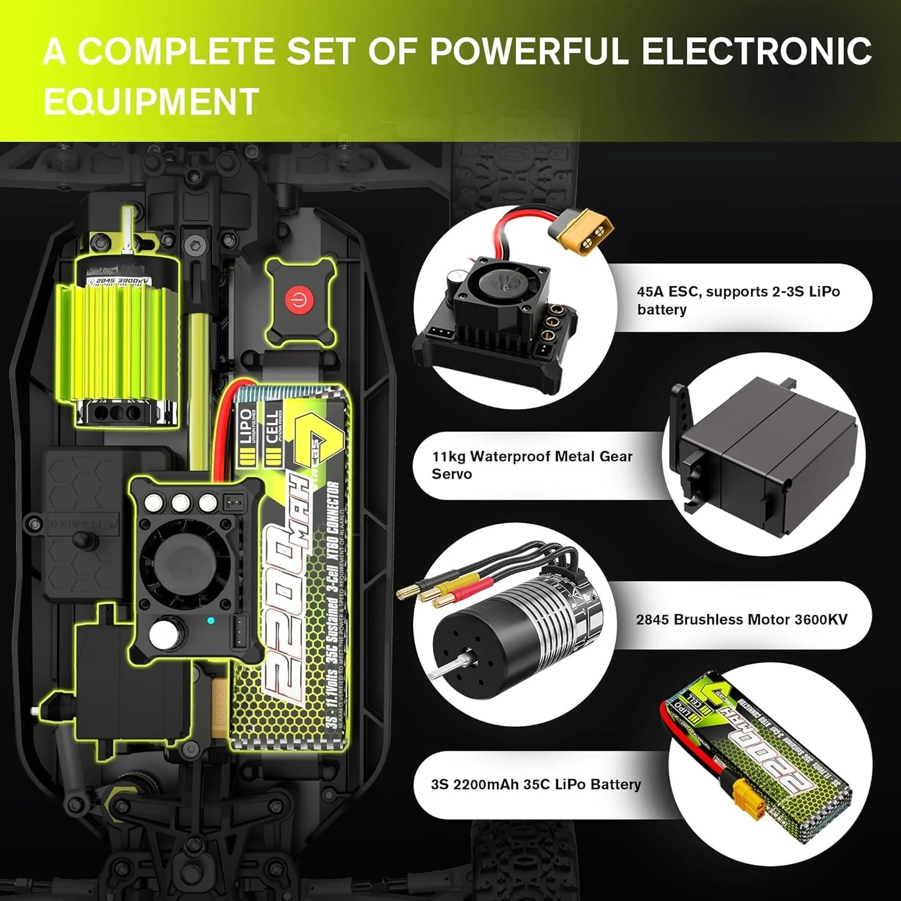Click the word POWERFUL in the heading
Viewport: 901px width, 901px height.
click(529, 51)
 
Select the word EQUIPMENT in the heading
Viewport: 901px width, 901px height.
click(151, 101)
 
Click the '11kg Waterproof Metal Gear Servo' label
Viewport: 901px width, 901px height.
click(532, 465)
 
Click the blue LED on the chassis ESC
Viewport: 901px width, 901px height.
click(210, 620)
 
